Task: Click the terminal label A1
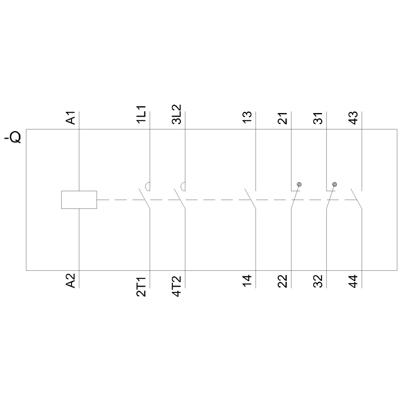click(71, 118)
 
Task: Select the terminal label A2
click(71, 281)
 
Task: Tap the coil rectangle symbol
click(79, 200)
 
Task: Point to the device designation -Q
click(13, 137)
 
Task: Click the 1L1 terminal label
click(141, 115)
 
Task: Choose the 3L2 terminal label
click(176, 114)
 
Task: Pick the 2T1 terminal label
click(141, 286)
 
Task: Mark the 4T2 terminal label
click(176, 286)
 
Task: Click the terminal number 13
click(247, 117)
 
